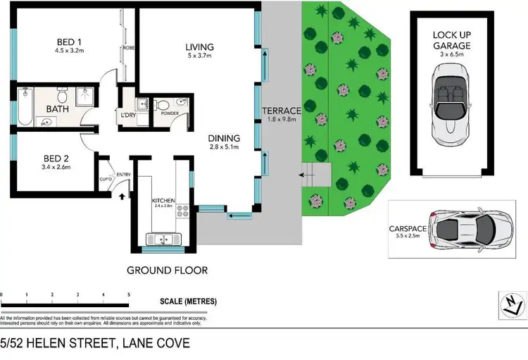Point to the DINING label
[224, 138]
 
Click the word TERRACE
[282, 111]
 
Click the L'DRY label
[128, 115]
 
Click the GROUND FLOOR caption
[167, 270]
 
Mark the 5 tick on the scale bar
[128, 294]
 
